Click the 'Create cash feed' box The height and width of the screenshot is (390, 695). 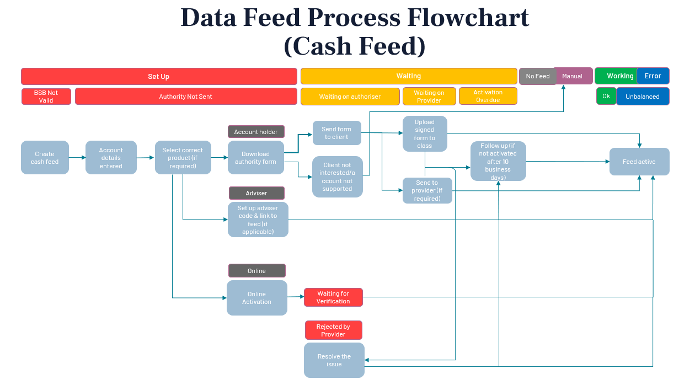45,158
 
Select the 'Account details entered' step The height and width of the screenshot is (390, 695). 111,158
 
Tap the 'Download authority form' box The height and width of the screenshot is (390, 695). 255,158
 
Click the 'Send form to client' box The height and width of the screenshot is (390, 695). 336,133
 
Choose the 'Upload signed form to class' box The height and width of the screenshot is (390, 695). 424,133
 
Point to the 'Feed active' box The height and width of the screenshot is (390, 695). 639,162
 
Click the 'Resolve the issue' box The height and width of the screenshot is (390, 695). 334,360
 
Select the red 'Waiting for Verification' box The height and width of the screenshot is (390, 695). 333,297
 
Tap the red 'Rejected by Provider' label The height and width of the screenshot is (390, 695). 333,330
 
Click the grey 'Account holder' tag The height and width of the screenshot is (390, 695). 256,132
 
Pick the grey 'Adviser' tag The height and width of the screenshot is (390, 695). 256,193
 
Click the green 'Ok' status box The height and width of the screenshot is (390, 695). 606,96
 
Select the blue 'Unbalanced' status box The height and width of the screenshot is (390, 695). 642,97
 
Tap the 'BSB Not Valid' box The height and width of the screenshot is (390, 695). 46,97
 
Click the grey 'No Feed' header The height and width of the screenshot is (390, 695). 537,76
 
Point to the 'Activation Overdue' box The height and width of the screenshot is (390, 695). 488,96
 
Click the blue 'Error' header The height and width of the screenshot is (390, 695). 653,76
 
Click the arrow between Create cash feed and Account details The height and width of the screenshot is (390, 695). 77,158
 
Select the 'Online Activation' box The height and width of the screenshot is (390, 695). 256,298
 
